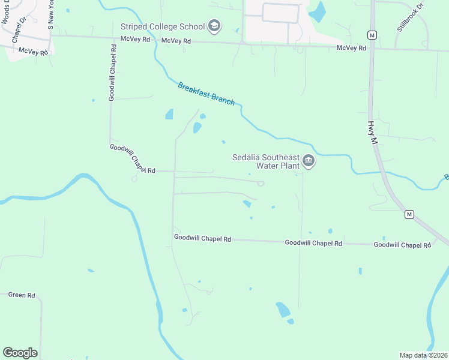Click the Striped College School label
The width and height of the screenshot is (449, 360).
[162, 26]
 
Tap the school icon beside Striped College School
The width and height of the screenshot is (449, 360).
[214, 26]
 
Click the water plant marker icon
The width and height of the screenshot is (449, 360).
[309, 161]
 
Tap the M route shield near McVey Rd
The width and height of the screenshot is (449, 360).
[372, 35]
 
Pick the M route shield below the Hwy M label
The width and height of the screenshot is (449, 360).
[409, 214]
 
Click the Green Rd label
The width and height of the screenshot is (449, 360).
[22, 295]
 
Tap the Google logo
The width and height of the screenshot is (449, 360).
[20, 353]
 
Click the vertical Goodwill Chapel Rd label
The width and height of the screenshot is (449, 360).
[112, 80]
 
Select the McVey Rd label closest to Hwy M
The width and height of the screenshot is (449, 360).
[351, 47]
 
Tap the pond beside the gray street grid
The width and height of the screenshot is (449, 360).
[316, 11]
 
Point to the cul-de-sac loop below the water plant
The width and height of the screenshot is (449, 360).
[261, 184]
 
